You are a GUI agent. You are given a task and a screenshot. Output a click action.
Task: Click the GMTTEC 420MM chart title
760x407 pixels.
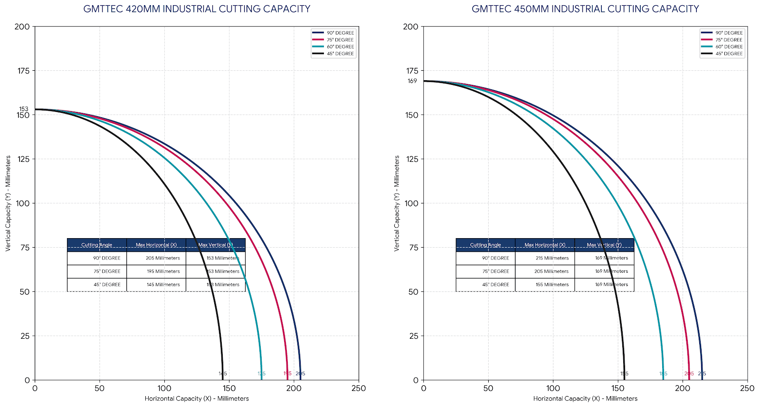pyautogui.click(x=197, y=9)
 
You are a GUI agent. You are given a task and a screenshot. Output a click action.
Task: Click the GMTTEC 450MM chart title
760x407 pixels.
pyautogui.click(x=585, y=9)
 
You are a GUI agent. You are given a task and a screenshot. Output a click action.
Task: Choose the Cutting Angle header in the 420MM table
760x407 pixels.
pyautogui.click(x=97, y=245)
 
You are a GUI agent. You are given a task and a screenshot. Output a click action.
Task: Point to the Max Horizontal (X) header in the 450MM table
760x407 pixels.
pyautogui.click(x=545, y=245)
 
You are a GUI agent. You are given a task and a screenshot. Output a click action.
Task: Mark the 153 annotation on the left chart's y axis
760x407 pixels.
pyautogui.click(x=24, y=109)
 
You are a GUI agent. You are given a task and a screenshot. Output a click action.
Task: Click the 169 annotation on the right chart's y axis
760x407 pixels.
pyautogui.click(x=412, y=81)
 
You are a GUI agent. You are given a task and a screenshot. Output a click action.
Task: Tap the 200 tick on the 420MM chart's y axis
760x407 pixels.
pyautogui.click(x=22, y=27)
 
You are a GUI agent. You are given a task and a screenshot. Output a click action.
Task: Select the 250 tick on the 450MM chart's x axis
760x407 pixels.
pyautogui.click(x=747, y=388)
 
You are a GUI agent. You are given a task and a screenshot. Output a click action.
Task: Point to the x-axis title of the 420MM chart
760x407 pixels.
pyautogui.click(x=197, y=398)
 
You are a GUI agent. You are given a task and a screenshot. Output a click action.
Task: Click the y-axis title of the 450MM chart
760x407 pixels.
pyautogui.click(x=397, y=203)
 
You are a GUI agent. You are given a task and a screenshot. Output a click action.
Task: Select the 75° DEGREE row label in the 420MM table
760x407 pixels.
pyautogui.click(x=107, y=271)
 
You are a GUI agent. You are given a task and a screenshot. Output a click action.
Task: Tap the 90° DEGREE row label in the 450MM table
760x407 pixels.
pyautogui.click(x=495, y=258)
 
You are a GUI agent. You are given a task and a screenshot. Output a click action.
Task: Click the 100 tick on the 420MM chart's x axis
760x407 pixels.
pyautogui.click(x=164, y=388)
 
